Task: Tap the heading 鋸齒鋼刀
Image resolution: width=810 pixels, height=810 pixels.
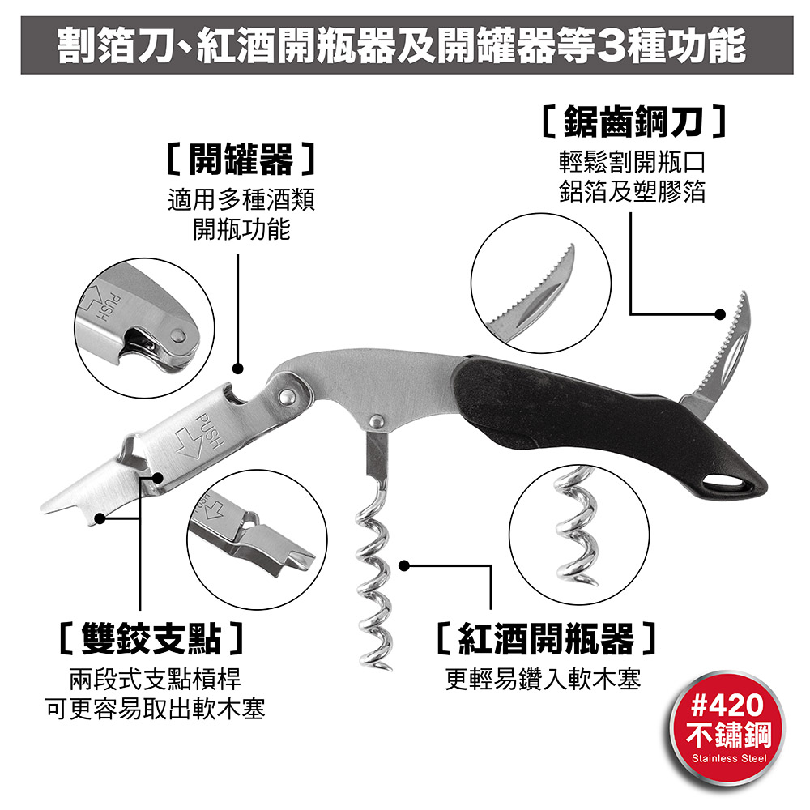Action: pyautogui.click(x=634, y=122)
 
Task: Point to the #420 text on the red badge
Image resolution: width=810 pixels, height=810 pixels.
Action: pyautogui.click(x=727, y=705)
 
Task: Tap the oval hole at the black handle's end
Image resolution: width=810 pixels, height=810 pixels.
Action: pyautogui.click(x=728, y=484)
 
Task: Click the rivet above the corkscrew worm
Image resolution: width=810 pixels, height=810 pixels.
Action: pyautogui.click(x=377, y=420)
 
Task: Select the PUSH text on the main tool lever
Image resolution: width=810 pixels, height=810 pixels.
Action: pyautogui.click(x=209, y=431)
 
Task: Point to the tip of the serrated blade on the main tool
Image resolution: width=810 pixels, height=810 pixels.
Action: pyautogui.click(x=744, y=293)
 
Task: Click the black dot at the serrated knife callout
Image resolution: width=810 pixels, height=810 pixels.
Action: pyautogui.click(x=719, y=314)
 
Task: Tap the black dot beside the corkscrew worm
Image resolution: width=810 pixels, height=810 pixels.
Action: pyautogui.click(x=404, y=565)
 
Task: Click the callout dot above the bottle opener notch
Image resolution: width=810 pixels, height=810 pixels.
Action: pyautogui.click(x=237, y=369)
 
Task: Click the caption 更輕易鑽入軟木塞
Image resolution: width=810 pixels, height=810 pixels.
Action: pyautogui.click(x=543, y=680)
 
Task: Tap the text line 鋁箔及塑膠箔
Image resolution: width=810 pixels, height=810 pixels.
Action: pyautogui.click(x=633, y=192)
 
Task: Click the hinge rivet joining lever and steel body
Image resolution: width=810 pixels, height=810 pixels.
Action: pyautogui.click(x=286, y=397)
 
